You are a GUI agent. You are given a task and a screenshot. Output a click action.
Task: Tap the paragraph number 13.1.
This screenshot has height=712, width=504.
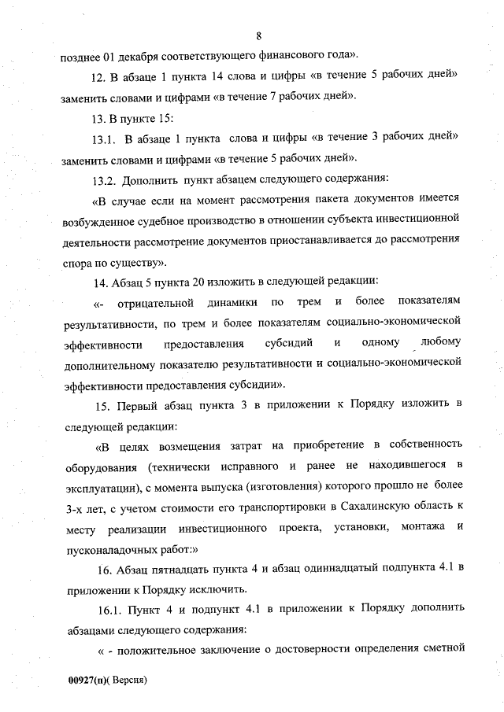click(x=105, y=138)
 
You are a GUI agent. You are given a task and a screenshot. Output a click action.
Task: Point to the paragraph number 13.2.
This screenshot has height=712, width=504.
click(x=105, y=179)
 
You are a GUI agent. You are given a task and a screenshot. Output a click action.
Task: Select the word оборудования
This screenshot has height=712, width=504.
click(x=95, y=466)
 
